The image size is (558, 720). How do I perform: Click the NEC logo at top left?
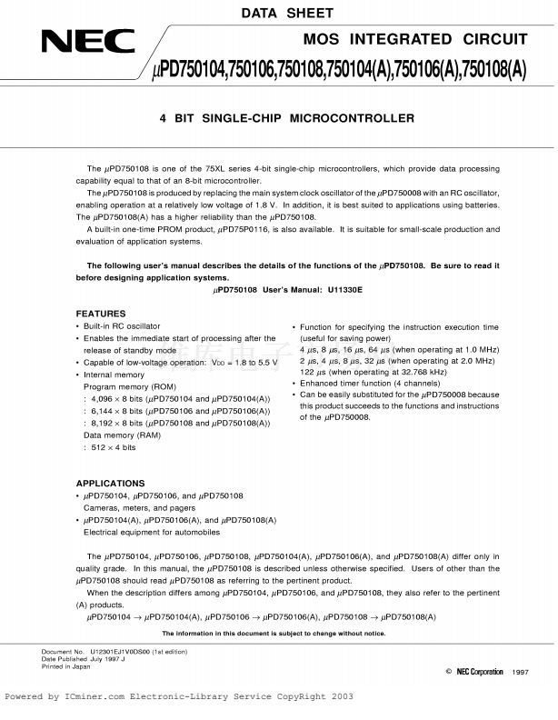(x=87, y=41)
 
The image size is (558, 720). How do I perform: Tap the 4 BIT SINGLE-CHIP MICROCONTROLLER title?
(x=287, y=118)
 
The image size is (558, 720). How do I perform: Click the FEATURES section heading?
(x=100, y=314)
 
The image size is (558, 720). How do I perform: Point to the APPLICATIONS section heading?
(x=109, y=483)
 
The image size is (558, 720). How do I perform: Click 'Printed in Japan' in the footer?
(x=66, y=667)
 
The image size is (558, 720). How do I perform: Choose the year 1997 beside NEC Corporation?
(x=520, y=672)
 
